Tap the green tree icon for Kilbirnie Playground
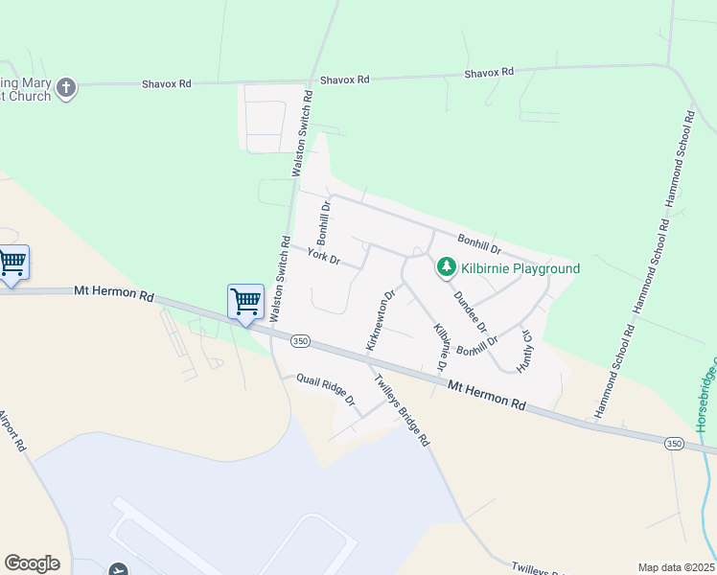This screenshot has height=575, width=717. pyautogui.click(x=446, y=267)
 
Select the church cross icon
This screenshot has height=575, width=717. pyautogui.click(x=65, y=88)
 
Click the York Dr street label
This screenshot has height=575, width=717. pyautogui.click(x=324, y=256)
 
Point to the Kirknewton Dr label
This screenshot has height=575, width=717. pyautogui.click(x=380, y=320)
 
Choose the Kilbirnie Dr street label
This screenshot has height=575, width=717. pyautogui.click(x=441, y=347)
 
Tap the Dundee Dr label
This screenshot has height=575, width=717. pyautogui.click(x=470, y=310)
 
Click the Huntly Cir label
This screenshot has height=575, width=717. pyautogui.click(x=524, y=351)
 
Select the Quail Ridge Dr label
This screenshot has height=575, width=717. pyautogui.click(x=325, y=387)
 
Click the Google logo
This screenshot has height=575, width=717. pyautogui.click(x=32, y=563)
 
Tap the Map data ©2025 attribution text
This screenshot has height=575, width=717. pyautogui.click(x=676, y=567)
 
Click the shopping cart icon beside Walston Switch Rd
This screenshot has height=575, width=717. pyautogui.click(x=245, y=301)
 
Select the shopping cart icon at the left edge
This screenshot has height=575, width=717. pyautogui.click(x=12, y=262)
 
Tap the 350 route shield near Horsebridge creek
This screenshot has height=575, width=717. pyautogui.click(x=674, y=442)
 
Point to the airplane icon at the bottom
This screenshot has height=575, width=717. pyautogui.click(x=119, y=570)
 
